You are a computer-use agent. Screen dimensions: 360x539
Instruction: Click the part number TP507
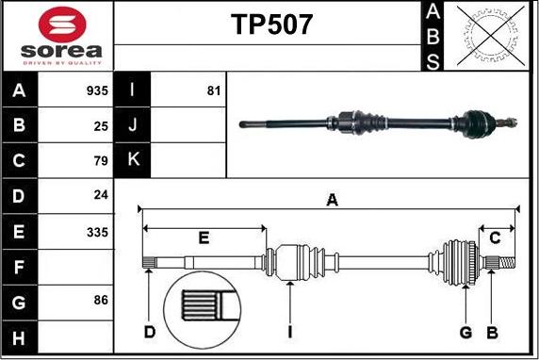(x=272, y=25)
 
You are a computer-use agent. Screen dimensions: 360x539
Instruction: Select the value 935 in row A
(x=97, y=91)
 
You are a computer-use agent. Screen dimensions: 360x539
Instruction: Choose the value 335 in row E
(x=97, y=232)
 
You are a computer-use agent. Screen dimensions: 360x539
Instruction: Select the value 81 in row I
(x=213, y=91)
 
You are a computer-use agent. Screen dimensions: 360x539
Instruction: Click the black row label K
(x=133, y=161)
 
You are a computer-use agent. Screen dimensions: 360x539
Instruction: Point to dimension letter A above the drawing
(x=332, y=199)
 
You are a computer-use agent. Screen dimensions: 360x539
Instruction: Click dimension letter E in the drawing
(x=204, y=237)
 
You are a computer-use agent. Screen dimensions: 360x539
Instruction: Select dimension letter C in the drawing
(x=495, y=237)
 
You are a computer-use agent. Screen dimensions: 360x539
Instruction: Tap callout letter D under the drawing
(x=150, y=332)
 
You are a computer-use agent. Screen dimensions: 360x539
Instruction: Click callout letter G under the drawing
(x=465, y=332)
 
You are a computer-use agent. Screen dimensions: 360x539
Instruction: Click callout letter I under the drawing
(x=290, y=332)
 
